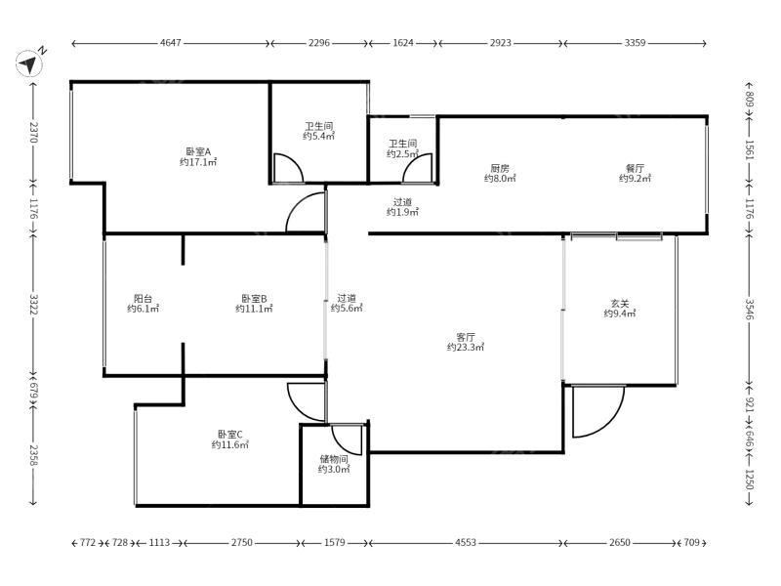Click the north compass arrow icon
click(29, 63)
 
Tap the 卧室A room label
click(198, 151)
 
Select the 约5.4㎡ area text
click(319, 136)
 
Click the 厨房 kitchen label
click(500, 168)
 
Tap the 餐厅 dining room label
click(636, 168)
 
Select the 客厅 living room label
click(466, 337)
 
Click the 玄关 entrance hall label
click(620, 303)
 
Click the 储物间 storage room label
click(334, 459)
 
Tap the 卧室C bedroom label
click(229, 435)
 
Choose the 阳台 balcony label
click(143, 299)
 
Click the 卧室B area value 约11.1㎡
click(254, 309)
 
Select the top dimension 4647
click(170, 43)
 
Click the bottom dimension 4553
click(466, 542)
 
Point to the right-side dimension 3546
click(750, 309)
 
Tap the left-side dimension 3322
click(33, 304)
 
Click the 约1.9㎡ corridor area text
click(402, 212)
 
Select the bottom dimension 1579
click(334, 542)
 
